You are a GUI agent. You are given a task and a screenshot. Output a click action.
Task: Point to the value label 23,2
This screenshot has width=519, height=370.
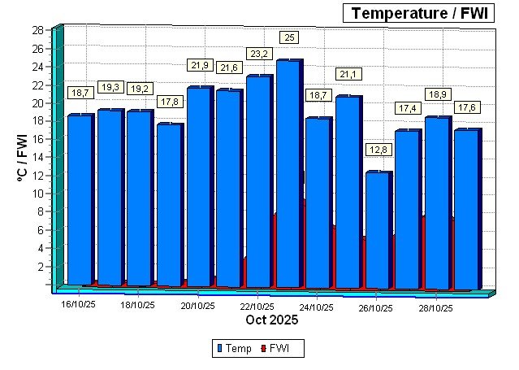tap(259, 54)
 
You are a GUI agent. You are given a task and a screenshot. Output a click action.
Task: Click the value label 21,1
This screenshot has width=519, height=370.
tap(348, 75)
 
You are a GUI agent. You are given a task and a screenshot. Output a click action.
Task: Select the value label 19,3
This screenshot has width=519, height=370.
tap(110, 87)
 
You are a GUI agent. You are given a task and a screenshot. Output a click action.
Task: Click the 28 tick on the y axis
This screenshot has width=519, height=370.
tap(37, 30)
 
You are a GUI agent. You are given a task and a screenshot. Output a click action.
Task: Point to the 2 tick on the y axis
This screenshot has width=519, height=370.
tap(40, 267)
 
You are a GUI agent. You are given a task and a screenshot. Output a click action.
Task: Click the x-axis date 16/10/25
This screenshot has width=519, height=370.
tap(79, 307)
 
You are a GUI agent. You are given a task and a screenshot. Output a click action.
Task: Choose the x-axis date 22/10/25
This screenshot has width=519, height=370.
tap(257, 307)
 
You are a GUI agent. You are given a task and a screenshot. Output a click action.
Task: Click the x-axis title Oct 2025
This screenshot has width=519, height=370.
tap(272, 320)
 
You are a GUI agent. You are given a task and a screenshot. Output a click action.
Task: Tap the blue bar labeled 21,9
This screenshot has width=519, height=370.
tap(199, 186)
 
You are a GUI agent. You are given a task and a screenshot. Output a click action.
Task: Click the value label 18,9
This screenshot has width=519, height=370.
tap(437, 95)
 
